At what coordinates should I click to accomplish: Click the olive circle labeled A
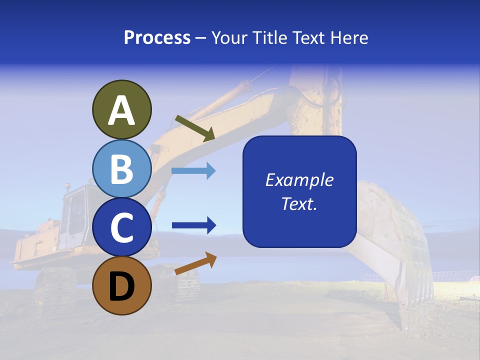[122, 110]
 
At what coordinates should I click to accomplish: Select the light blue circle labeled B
[122, 168]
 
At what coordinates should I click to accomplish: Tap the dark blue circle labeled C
[122, 227]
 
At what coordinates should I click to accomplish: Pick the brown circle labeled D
[122, 285]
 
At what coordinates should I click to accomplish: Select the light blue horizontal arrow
[193, 171]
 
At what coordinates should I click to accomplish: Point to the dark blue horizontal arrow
[193, 225]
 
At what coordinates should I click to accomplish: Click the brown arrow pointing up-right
[195, 264]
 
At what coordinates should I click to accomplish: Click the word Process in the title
[157, 38]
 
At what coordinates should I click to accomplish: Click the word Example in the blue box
[299, 180]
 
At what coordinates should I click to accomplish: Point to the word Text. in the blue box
[299, 204]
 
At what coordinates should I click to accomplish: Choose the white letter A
[122, 110]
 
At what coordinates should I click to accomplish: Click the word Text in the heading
[308, 38]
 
